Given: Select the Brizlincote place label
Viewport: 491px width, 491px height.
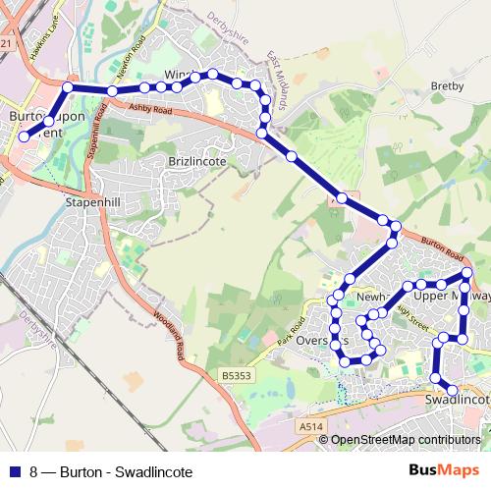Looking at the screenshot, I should pos(196,159).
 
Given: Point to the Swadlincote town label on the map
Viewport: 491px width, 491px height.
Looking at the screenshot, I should pos(459,402).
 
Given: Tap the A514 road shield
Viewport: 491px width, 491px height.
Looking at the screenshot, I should pos(311,427).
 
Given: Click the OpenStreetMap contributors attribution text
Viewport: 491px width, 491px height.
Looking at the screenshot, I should pos(405,440).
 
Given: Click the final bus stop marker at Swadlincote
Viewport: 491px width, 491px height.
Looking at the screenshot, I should pos(452,391).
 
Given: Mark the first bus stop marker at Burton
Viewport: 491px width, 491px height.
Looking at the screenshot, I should pos(24,137).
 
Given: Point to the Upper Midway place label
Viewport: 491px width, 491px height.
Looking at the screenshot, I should pos(450,295).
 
